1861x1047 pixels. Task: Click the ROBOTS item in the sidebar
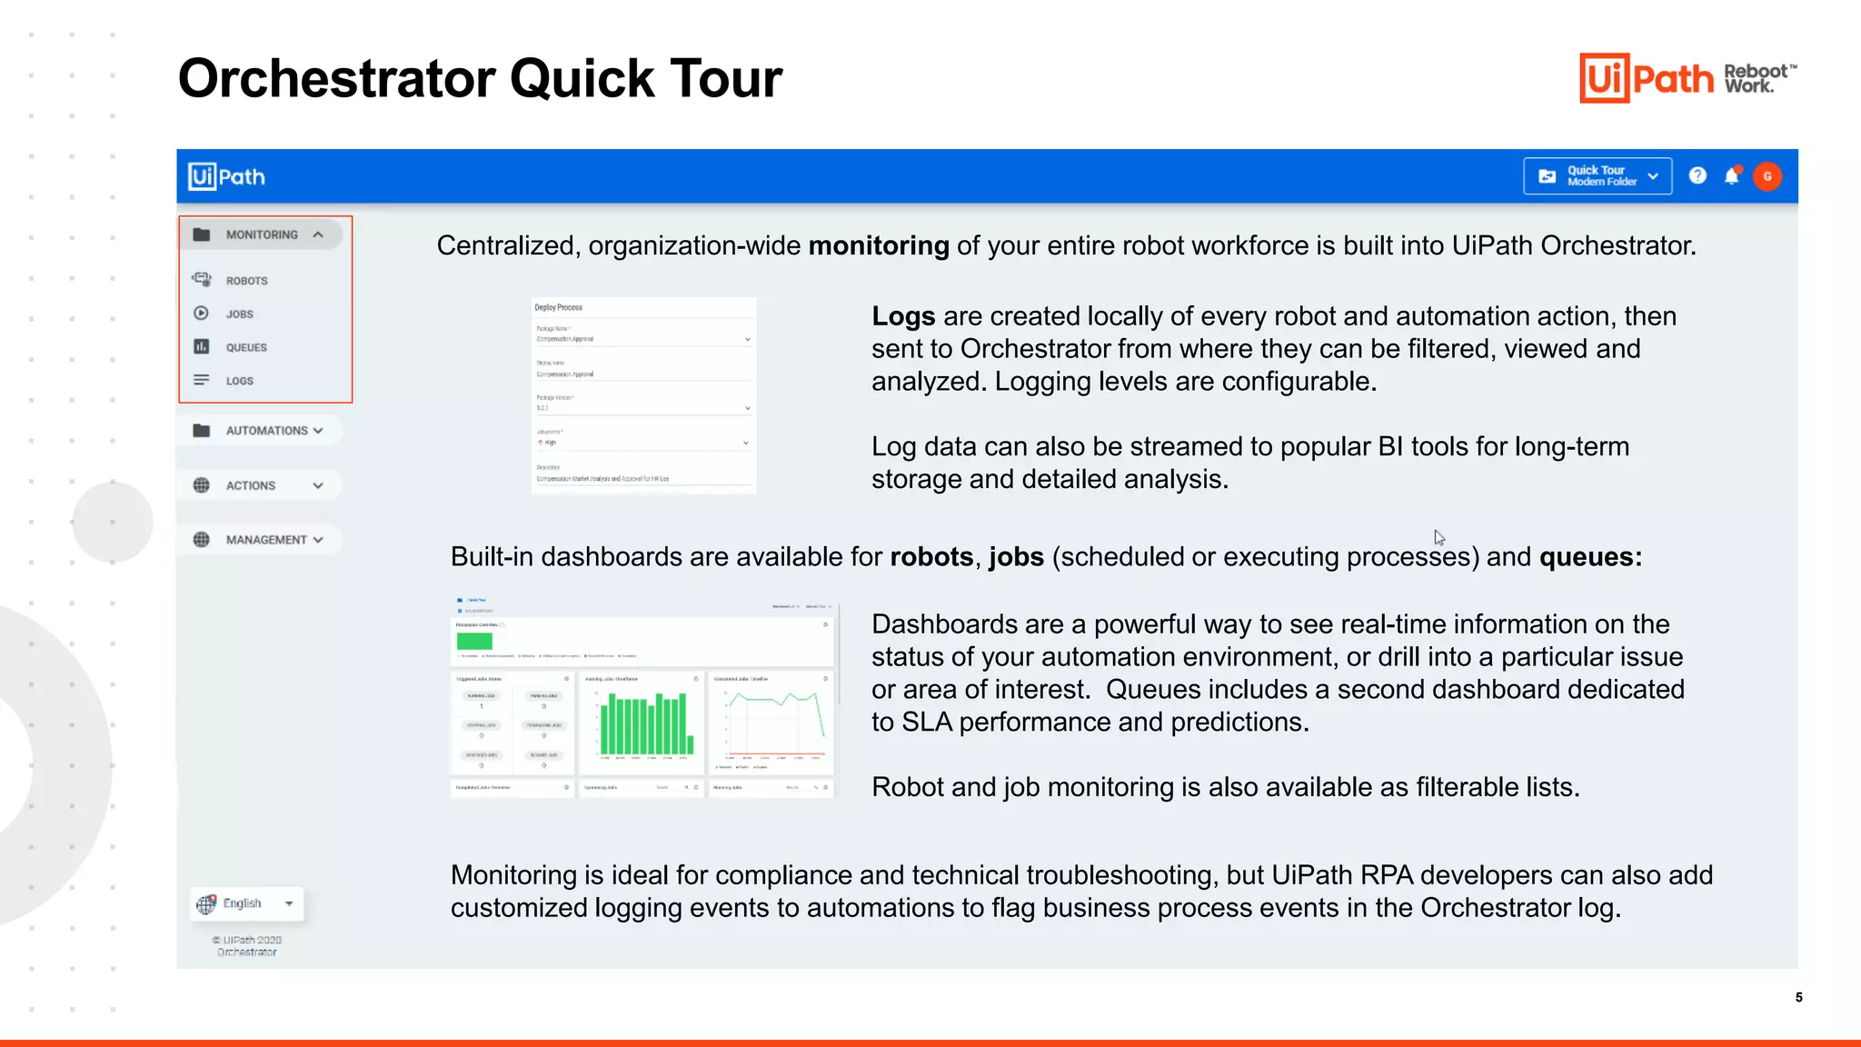(245, 281)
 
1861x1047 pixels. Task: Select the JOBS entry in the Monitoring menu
(239, 314)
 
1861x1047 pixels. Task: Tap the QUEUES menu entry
(245, 347)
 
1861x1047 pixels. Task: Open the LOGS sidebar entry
(239, 381)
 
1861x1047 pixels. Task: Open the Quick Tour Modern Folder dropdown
(1597, 176)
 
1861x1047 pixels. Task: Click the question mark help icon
(1697, 176)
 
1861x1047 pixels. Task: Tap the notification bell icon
(1732, 176)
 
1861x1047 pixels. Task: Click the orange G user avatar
(1767, 176)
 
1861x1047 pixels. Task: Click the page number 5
(1798, 997)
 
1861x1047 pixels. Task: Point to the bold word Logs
(902, 316)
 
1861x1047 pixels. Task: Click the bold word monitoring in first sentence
(878, 246)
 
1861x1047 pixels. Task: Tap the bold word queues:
(1590, 557)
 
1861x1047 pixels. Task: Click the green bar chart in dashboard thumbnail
(646, 724)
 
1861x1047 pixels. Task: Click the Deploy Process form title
(558, 308)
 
